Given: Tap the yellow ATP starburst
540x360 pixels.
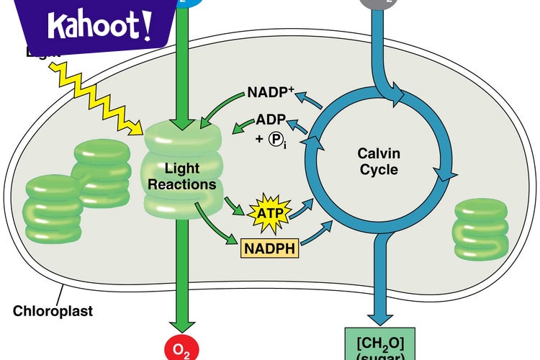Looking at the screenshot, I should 267,213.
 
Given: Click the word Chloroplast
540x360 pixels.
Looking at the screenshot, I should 53,312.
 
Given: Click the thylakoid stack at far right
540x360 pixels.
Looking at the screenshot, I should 480,228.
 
